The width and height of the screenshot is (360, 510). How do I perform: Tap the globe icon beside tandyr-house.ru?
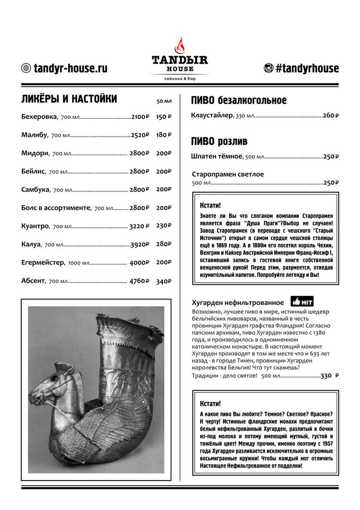click(26, 68)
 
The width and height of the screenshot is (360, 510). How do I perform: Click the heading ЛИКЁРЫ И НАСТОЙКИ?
click(69, 99)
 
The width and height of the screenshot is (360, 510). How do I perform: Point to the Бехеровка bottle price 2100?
click(139, 117)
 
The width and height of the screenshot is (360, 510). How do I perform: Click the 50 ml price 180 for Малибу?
click(163, 135)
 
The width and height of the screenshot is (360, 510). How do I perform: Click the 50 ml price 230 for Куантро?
click(163, 226)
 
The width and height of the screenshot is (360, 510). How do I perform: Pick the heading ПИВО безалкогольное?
click(239, 101)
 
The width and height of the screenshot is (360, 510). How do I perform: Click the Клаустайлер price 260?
click(331, 116)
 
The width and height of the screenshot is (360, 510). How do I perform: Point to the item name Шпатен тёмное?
click(217, 156)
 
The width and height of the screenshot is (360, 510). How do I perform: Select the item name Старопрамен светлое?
click(228, 174)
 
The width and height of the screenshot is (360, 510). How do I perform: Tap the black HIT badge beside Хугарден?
click(302, 302)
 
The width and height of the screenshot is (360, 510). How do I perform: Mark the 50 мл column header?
click(164, 102)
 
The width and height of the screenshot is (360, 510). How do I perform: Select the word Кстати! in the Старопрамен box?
click(210, 205)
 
